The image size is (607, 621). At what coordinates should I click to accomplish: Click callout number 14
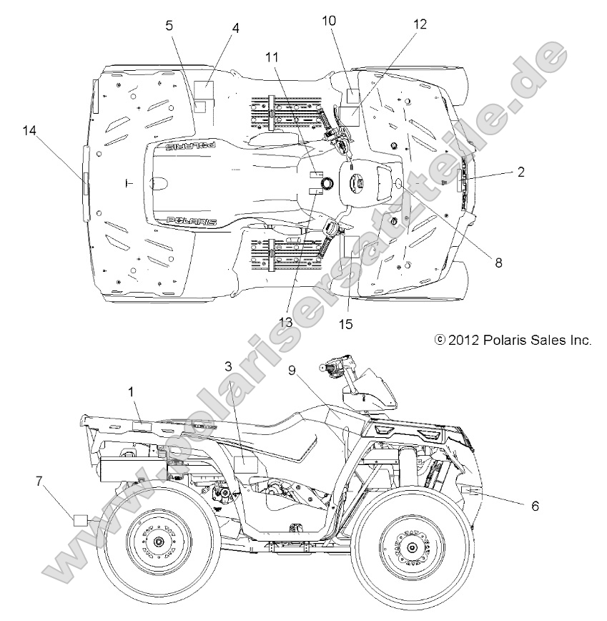point(29,130)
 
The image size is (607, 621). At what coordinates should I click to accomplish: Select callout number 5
point(169,25)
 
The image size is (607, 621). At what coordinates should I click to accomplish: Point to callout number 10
point(328,21)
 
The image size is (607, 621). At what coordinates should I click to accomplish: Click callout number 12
point(419,24)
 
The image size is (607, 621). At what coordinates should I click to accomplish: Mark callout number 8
point(498,263)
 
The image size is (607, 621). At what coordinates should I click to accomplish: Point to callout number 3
point(228,366)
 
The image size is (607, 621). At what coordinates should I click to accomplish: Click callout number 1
point(131,391)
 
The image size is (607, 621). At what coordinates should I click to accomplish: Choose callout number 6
point(534,505)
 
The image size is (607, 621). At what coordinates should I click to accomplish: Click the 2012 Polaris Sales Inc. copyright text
point(513,341)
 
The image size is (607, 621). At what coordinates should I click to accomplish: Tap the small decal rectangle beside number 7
point(81,519)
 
